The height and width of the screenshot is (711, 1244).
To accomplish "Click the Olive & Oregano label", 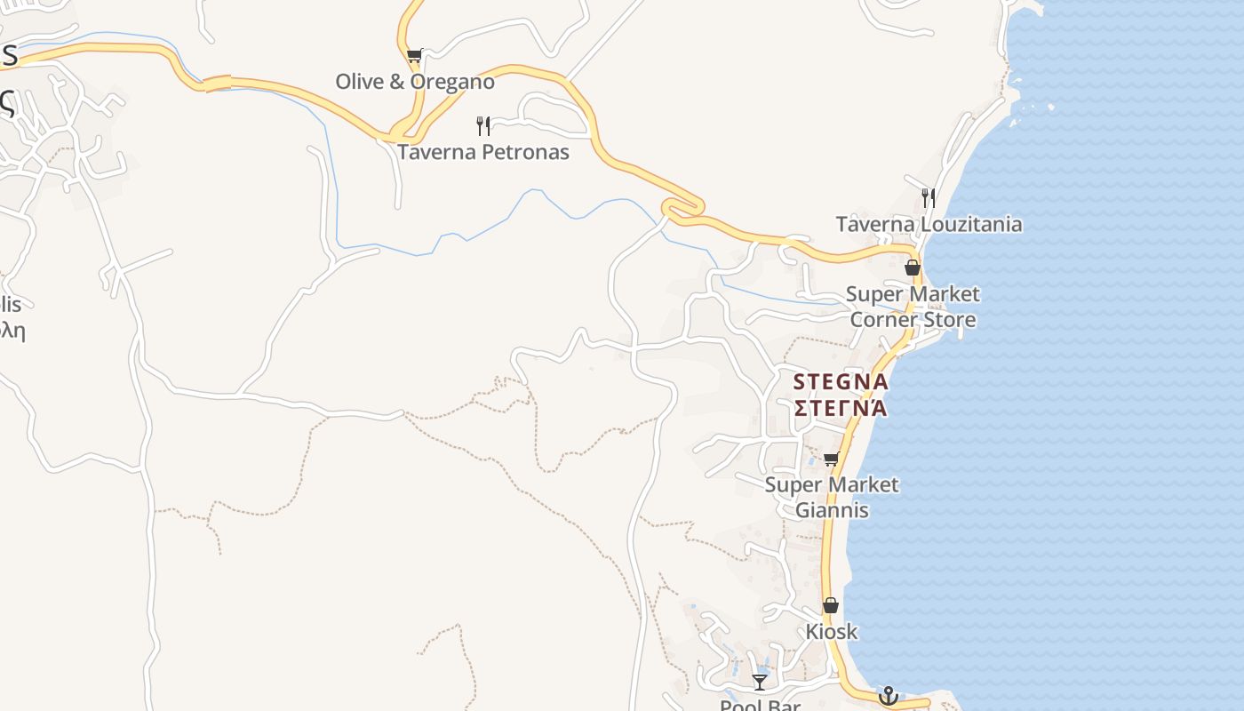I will (414, 82).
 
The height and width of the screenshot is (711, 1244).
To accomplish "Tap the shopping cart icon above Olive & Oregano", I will (414, 56).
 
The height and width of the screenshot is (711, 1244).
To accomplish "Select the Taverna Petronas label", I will (482, 152).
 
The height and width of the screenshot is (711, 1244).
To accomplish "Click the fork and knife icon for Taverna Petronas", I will (483, 125).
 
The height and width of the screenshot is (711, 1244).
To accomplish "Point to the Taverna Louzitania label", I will (929, 224).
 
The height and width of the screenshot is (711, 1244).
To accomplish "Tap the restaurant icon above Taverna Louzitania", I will (929, 197).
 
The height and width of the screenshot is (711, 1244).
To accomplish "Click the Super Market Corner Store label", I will (913, 307).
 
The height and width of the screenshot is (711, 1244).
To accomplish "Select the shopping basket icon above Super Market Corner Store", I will (912, 268).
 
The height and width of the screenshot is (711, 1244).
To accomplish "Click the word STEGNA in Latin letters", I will (840, 382).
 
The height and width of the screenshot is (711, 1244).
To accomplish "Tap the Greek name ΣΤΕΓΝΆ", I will (840, 408).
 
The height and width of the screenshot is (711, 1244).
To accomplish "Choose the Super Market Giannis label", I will (832, 498).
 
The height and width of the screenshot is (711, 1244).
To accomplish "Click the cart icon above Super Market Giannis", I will (832, 459).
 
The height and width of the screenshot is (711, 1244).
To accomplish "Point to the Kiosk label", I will (831, 632).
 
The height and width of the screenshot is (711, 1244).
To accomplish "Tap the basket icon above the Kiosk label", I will (830, 606).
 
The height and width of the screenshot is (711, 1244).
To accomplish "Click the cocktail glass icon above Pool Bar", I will (760, 682).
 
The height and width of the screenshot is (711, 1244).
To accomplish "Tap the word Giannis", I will (832, 511).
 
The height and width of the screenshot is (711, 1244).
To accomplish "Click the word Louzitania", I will (969, 224).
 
